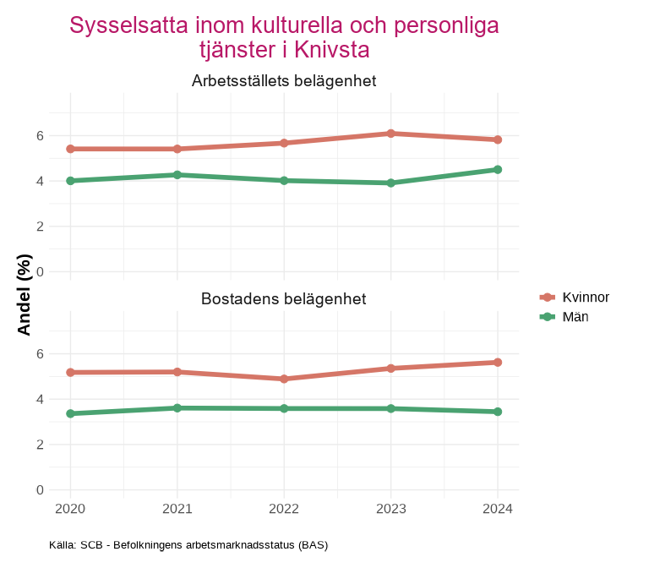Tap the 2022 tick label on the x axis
click(x=284, y=509)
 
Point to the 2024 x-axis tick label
click(x=498, y=509)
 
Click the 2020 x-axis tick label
click(x=70, y=509)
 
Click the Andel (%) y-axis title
click(x=25, y=294)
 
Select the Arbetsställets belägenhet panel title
click(x=284, y=81)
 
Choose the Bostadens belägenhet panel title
click(x=284, y=299)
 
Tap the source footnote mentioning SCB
click(x=188, y=545)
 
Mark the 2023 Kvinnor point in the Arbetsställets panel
click(x=391, y=134)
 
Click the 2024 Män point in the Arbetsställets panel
click(x=498, y=170)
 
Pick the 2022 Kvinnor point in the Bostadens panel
click(x=284, y=379)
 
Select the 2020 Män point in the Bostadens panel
click(x=70, y=413)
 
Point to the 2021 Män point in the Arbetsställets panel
click(x=177, y=175)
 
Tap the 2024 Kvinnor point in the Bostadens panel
click(x=498, y=363)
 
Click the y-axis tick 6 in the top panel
click(x=40, y=135)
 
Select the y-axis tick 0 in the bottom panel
click(x=40, y=490)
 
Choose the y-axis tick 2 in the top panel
click(x=40, y=227)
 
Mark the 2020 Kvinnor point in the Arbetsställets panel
click(x=70, y=149)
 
